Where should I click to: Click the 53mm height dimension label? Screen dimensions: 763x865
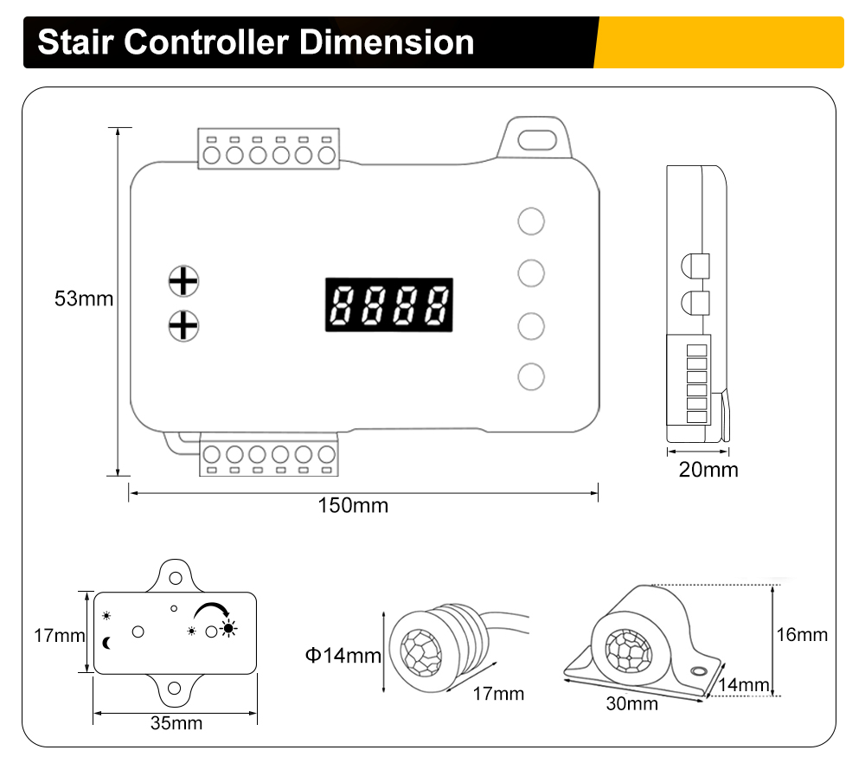(84, 299)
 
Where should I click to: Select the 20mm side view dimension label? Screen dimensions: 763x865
(708, 470)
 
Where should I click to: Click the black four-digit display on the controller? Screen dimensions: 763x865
(389, 305)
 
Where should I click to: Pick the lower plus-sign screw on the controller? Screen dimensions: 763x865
(183, 325)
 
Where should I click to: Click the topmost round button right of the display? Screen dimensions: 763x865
(531, 221)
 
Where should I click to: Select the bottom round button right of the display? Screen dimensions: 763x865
(531, 376)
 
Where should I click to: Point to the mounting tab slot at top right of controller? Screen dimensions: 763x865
(538, 138)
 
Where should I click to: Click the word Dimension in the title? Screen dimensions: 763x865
(388, 42)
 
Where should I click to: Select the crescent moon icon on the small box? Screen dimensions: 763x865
(108, 642)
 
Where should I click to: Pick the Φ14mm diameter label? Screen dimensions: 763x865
(343, 655)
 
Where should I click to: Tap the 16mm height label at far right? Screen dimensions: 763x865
(801, 634)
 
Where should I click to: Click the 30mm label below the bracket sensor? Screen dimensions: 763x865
(631, 703)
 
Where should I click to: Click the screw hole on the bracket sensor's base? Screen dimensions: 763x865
(698, 671)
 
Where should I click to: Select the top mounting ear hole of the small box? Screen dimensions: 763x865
(176, 576)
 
